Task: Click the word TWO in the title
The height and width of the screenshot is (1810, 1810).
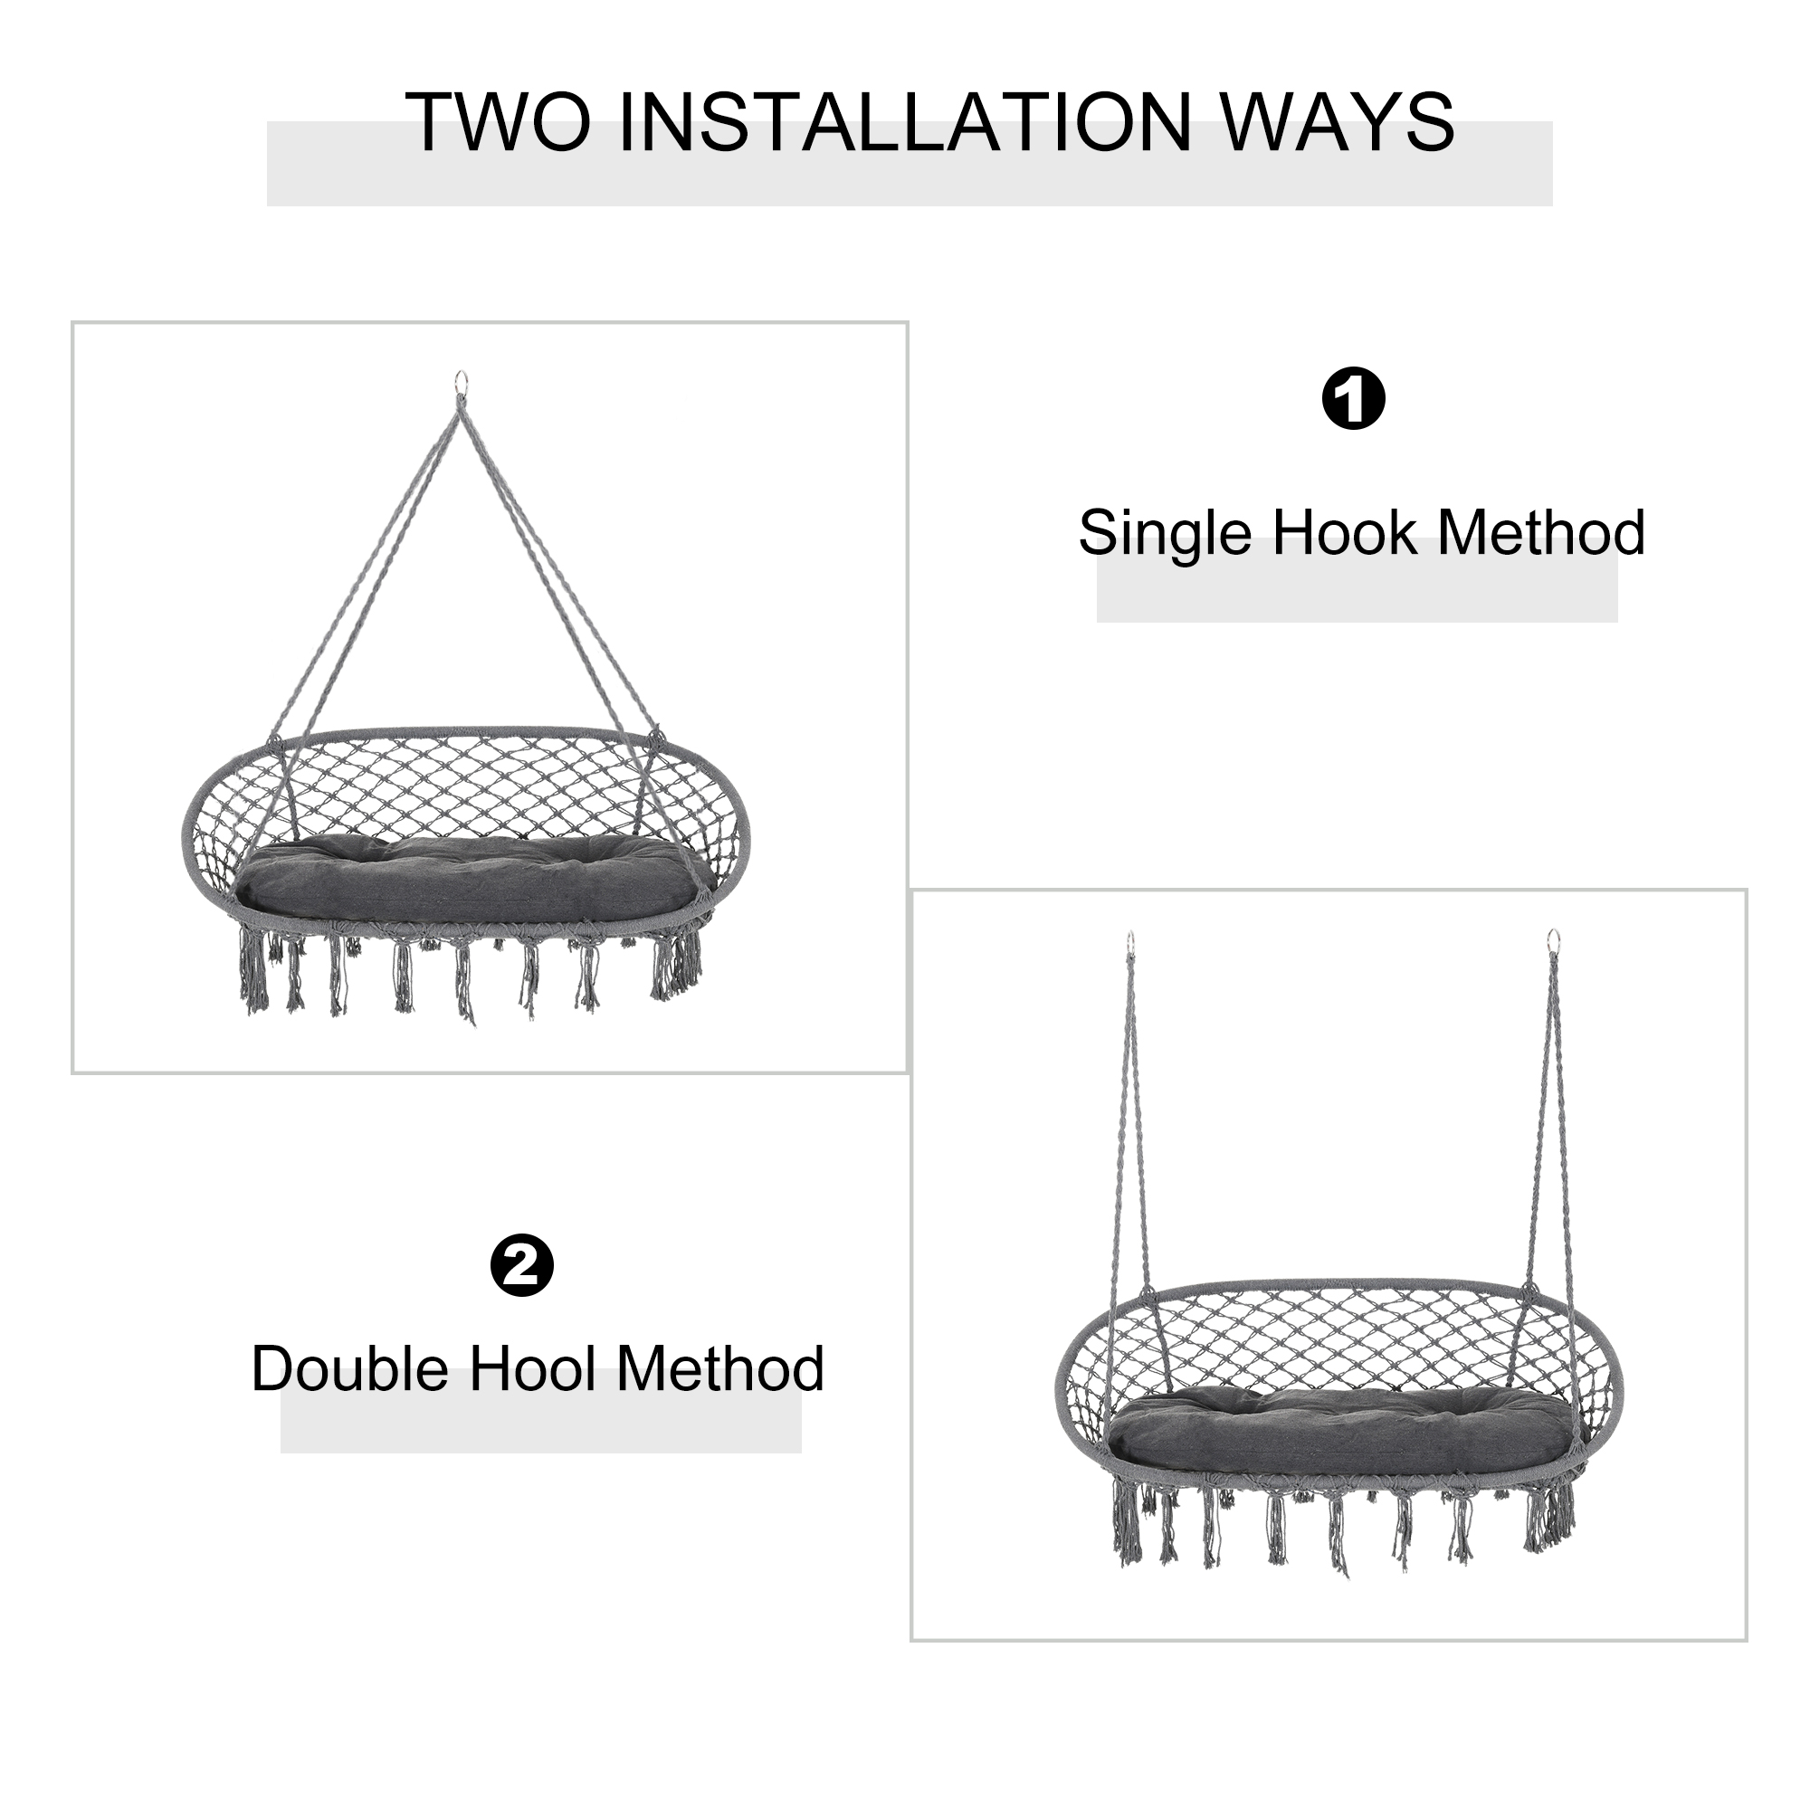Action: pos(500,122)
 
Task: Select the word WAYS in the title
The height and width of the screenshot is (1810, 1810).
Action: pos(1330,122)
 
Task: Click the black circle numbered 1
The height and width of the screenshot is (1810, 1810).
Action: pos(1353,399)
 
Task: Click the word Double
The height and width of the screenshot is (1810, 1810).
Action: pos(349,1368)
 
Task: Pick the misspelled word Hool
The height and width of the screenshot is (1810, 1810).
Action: pos(532,1368)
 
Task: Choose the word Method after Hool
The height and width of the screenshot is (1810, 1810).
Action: pos(720,1368)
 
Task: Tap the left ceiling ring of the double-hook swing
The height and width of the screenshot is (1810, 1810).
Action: pos(1132,939)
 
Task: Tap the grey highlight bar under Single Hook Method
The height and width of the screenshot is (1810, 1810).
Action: pos(1357,581)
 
